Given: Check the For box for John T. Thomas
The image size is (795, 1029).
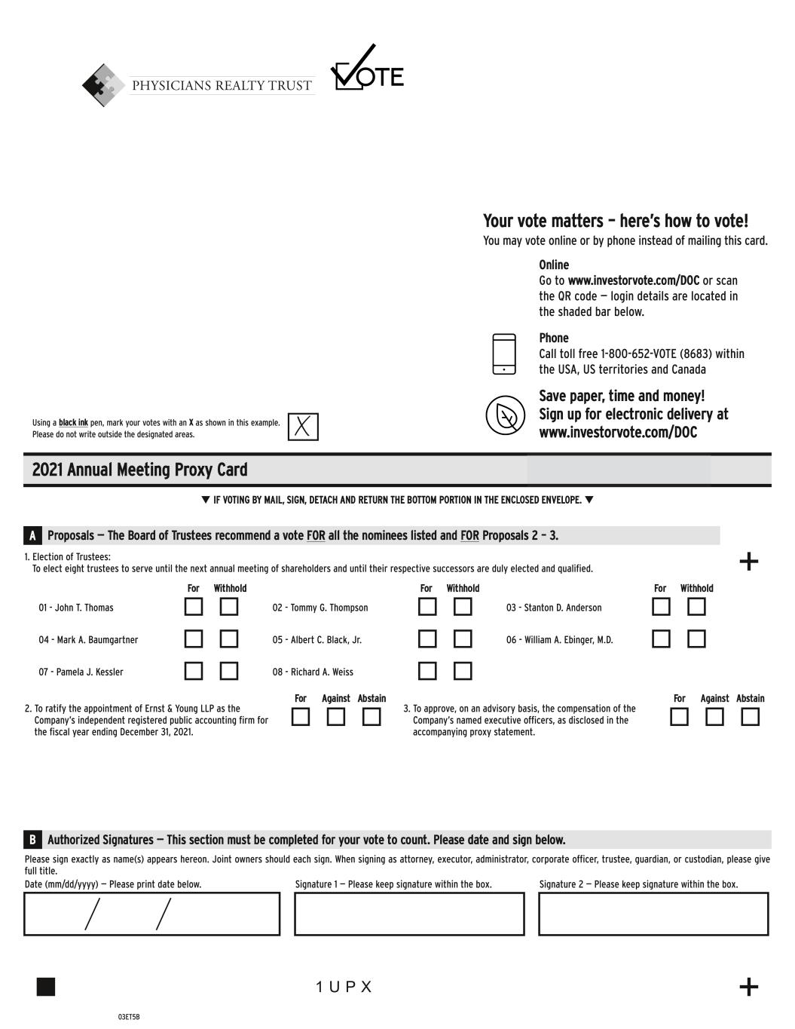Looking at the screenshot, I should (x=194, y=607).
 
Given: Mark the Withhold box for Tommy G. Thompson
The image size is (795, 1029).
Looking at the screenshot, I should (x=463, y=607).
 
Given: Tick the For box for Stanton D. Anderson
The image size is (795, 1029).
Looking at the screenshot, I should (x=661, y=607).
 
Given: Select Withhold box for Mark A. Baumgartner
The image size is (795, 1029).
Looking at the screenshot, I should (x=229, y=639).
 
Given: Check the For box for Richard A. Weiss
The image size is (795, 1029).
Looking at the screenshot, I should (x=427, y=671).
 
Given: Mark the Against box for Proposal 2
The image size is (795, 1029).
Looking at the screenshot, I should (x=336, y=717).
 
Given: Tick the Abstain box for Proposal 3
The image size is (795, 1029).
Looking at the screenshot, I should (x=750, y=717).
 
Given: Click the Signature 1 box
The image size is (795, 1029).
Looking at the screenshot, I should (x=409, y=914).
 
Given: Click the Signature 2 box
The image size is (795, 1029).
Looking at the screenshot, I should (x=653, y=914).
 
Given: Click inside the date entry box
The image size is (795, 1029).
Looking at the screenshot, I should (x=151, y=914).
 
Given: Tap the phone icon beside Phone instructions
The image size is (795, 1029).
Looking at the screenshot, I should (x=504, y=354).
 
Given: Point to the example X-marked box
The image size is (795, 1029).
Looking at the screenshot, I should (x=303, y=427).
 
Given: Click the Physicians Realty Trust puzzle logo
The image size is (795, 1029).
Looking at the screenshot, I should (x=103, y=85).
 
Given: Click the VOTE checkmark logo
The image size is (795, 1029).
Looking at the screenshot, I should (x=366, y=69).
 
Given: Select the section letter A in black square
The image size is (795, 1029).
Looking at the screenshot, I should (x=32, y=536).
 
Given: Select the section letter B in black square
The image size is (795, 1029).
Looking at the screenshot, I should (x=32, y=840).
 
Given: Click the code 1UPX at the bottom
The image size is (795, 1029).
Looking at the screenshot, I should (x=344, y=987).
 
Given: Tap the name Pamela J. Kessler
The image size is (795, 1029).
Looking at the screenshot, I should (x=81, y=672).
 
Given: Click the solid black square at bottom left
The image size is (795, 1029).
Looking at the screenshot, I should (x=46, y=987).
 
